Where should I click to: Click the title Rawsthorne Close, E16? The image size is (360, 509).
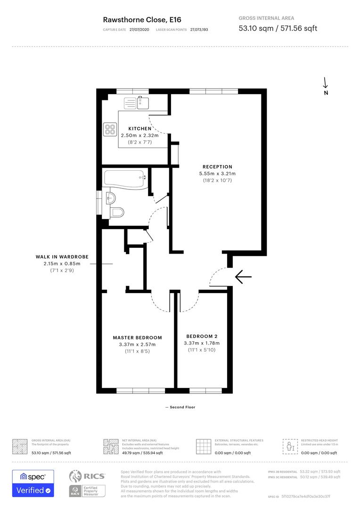point(142,19)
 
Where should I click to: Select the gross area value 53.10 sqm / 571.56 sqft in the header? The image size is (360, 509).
point(278,28)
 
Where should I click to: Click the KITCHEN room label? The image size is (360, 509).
point(140,129)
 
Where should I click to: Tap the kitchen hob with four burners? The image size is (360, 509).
point(110,129)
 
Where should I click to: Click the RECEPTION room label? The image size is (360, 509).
point(217,166)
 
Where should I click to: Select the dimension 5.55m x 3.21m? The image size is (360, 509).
point(217,173)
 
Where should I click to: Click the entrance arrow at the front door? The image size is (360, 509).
point(243,277)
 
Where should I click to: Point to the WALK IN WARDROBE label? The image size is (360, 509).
point(62,257)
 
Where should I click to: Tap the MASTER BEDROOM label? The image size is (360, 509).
point(137,337)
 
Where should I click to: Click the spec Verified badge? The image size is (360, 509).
point(33,483)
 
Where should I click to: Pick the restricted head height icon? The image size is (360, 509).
point(289,446)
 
